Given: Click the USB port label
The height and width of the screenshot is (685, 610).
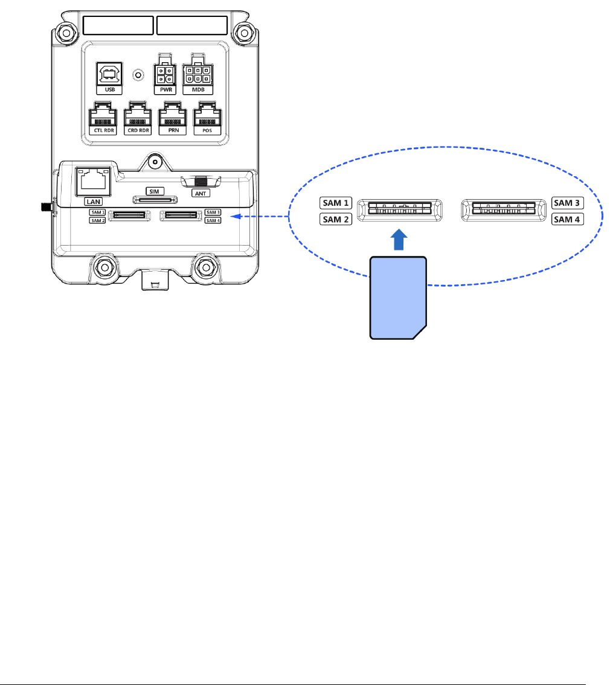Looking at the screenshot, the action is coord(109,89).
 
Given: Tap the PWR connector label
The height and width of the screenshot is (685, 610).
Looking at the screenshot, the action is coord(165,89).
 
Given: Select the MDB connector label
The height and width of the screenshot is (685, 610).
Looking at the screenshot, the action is coord(199,89).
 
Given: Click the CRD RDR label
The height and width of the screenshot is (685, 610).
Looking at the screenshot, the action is coord(137,129).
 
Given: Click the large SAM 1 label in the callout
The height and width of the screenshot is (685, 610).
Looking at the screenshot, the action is coord(336,203).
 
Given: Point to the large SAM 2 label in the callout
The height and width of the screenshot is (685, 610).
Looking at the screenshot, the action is coord(336,219).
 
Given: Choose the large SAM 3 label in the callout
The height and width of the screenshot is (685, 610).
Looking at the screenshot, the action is coord(567,203).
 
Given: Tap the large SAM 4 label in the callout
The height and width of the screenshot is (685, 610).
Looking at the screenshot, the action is coord(567,219).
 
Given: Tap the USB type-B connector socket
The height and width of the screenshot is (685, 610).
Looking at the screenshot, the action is coord(109,75).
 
